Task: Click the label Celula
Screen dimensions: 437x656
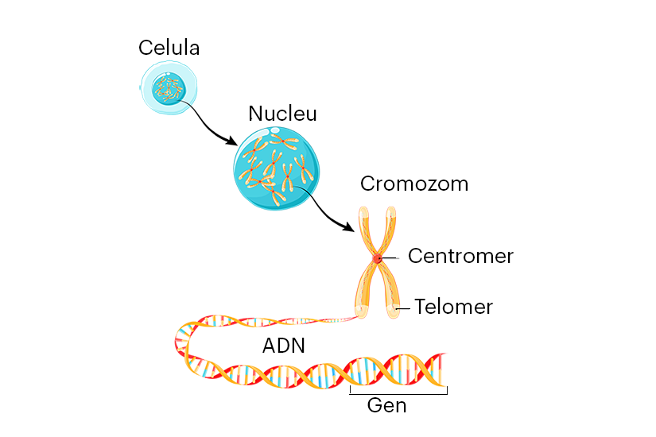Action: pyautogui.click(x=169, y=48)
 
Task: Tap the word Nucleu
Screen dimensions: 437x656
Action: pyautogui.click(x=282, y=114)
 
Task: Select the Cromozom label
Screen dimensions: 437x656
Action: pyautogui.click(x=413, y=184)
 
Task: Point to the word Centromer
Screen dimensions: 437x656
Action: pyautogui.click(x=460, y=257)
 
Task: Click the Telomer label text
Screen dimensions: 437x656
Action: pyautogui.click(x=453, y=307)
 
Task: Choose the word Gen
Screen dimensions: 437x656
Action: pyautogui.click(x=386, y=406)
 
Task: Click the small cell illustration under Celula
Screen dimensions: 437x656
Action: pyautogui.click(x=169, y=89)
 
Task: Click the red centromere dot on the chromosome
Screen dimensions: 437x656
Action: pyautogui.click(x=377, y=258)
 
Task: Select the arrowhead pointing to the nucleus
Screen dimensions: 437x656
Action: pyautogui.click(x=231, y=142)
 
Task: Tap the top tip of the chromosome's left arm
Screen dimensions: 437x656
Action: pyautogui.click(x=363, y=212)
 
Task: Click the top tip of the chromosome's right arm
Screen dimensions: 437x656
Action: pyautogui.click(x=390, y=212)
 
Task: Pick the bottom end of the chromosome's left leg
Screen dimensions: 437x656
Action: pyautogui.click(x=362, y=313)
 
